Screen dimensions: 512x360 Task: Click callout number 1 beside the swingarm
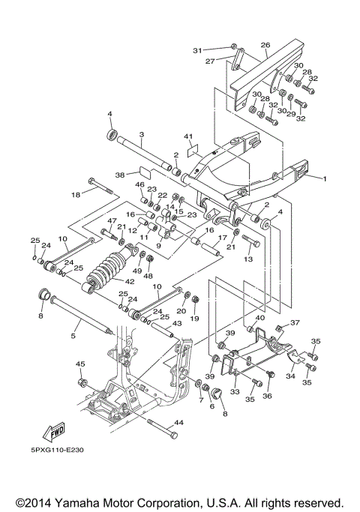[325, 179]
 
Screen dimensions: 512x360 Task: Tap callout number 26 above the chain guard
[264, 46]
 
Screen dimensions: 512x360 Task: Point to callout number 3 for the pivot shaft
[141, 134]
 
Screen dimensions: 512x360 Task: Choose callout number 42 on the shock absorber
[129, 282]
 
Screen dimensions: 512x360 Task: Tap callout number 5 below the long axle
[73, 337]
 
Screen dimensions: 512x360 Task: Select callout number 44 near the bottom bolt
[178, 424]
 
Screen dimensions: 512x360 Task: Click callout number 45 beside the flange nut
[79, 364]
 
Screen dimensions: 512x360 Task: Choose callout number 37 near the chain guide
[294, 322]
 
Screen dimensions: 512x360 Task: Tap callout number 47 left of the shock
[110, 221]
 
